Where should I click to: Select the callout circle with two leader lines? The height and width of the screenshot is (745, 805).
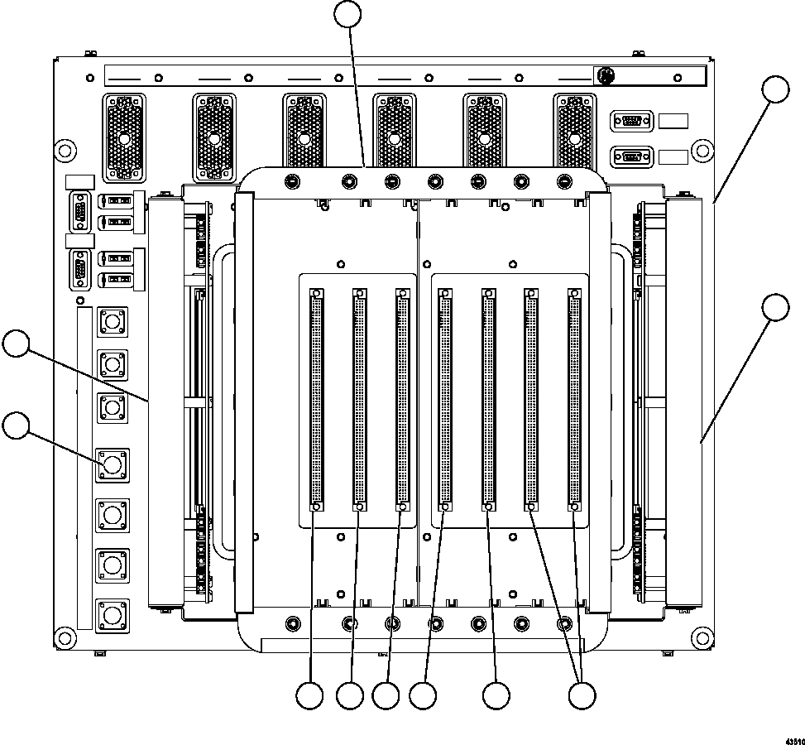tap(584, 695)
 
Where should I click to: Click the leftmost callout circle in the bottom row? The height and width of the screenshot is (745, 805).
tap(310, 695)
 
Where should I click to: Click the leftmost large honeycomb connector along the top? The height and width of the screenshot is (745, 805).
tap(123, 137)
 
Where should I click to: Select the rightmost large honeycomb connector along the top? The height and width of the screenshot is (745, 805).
tap(574, 137)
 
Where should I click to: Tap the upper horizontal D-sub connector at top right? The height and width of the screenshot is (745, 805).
tap(631, 121)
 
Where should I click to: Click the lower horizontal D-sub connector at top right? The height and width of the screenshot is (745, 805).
tap(631, 156)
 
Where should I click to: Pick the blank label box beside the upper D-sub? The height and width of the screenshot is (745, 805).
tap(673, 121)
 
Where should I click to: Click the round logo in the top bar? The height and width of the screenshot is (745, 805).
tap(606, 76)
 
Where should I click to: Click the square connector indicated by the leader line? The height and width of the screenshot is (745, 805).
tap(113, 464)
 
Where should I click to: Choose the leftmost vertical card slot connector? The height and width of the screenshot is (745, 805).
tap(316, 400)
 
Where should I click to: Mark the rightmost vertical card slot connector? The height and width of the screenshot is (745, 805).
tap(574, 400)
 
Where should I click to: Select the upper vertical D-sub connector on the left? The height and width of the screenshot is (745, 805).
tap(80, 210)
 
